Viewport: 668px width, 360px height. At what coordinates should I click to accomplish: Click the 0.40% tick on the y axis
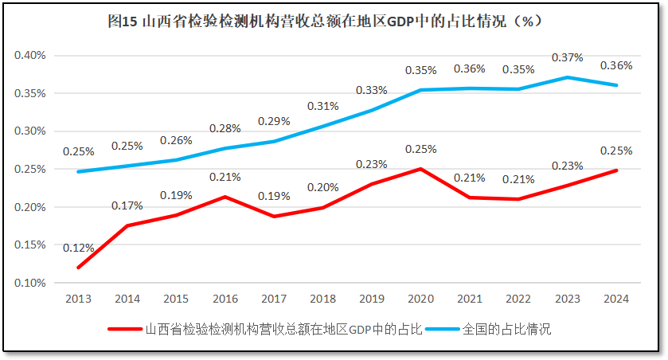(30, 55)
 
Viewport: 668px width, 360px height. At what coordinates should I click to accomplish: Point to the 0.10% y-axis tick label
(30, 283)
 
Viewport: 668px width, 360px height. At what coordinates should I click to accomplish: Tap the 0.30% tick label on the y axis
(30, 131)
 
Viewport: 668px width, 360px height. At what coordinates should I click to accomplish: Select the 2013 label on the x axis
(78, 299)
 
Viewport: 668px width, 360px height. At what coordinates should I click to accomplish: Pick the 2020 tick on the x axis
(420, 299)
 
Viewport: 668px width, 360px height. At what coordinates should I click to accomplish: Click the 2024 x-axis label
(615, 299)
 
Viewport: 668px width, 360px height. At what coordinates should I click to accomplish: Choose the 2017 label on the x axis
(273, 299)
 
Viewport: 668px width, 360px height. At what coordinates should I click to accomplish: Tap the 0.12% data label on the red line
(79, 248)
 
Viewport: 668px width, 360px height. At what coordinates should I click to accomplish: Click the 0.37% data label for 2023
(567, 57)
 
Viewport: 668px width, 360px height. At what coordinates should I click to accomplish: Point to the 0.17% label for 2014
(127, 205)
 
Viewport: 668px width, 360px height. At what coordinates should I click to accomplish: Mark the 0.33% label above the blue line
(371, 90)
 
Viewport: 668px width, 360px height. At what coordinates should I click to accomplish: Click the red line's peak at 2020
(420, 169)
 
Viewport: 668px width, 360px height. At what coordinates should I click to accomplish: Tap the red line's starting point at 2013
(78, 268)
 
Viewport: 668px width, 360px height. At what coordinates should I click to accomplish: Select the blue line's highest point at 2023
(567, 77)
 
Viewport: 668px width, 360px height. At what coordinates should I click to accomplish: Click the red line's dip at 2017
(273, 216)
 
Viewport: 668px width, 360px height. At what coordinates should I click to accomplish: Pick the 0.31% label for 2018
(322, 106)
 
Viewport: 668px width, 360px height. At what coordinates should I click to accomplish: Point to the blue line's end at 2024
(616, 85)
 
